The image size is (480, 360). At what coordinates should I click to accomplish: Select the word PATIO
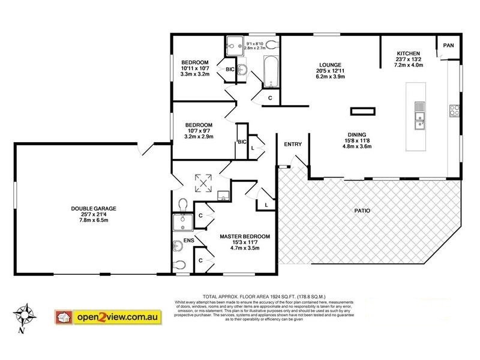tap(361, 211)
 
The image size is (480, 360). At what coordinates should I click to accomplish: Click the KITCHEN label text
tap(408, 53)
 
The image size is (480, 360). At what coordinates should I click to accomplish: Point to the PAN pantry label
tap(448, 46)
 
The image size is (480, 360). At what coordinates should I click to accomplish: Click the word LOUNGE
tap(331, 65)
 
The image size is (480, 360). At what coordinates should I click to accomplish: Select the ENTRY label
tap(293, 144)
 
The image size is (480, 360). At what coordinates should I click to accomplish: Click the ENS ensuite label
tap(187, 241)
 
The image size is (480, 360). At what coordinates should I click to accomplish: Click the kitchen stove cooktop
tap(455, 110)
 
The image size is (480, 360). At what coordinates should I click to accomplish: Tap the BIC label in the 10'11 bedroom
tap(229, 70)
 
